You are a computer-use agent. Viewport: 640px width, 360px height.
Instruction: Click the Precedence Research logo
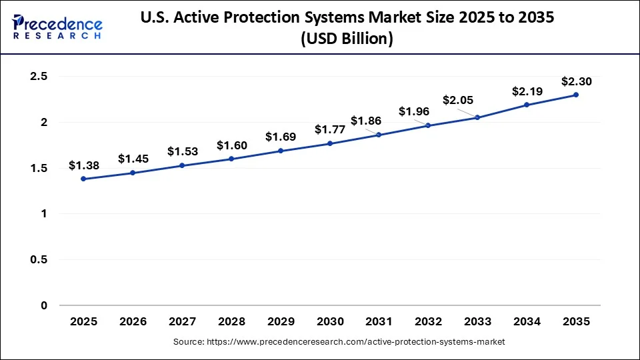coord(57,26)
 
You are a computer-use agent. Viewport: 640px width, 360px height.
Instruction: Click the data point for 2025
coord(83,179)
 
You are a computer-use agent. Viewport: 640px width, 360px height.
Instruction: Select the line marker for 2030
coord(330,143)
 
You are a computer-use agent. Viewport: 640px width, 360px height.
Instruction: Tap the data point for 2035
coord(576,95)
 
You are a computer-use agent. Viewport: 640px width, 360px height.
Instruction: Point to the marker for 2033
coord(477,117)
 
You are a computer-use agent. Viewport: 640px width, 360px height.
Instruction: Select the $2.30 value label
coord(575,81)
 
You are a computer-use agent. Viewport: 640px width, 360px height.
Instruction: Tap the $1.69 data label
coord(280,137)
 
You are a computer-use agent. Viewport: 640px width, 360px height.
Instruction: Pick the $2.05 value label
coord(458,101)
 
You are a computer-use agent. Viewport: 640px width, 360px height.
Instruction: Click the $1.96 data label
coord(413,111)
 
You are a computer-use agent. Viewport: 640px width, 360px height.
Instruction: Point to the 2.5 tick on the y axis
coord(39,77)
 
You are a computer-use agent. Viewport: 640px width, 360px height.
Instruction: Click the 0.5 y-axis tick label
coord(39,260)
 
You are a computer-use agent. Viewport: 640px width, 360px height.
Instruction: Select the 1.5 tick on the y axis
coord(39,168)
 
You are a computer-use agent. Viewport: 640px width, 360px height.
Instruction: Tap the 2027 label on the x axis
coord(182,321)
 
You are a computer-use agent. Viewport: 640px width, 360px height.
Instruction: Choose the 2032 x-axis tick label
coord(428,321)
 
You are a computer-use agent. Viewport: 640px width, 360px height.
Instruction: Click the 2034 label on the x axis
coord(527,321)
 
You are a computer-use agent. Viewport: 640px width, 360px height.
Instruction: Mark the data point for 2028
coord(231,159)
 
